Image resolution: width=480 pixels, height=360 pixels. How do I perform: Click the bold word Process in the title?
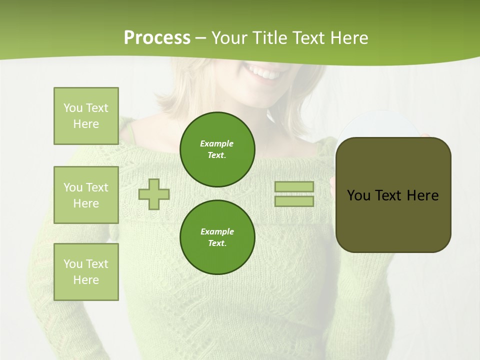coord(157,38)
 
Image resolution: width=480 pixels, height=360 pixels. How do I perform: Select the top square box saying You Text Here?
coord(86,116)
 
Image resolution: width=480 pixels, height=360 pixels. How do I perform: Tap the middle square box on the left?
coord(86,195)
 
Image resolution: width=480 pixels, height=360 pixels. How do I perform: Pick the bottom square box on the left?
coord(86,272)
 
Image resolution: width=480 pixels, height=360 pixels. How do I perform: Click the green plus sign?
coord(154,194)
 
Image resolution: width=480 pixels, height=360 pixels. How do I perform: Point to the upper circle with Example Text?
coord(217,149)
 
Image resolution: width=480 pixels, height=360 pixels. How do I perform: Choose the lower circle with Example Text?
coord(217,237)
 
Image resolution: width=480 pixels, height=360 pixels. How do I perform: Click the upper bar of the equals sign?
coord(294,186)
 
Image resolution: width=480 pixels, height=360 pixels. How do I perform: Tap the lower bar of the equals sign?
coord(294,201)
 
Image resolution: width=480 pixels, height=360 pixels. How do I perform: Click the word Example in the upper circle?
coord(216,143)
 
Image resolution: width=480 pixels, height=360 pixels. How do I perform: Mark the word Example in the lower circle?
coord(217,231)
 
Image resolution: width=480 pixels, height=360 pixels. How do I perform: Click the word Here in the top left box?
coord(86,124)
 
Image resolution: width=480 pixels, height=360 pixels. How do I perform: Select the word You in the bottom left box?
coord(73,264)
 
